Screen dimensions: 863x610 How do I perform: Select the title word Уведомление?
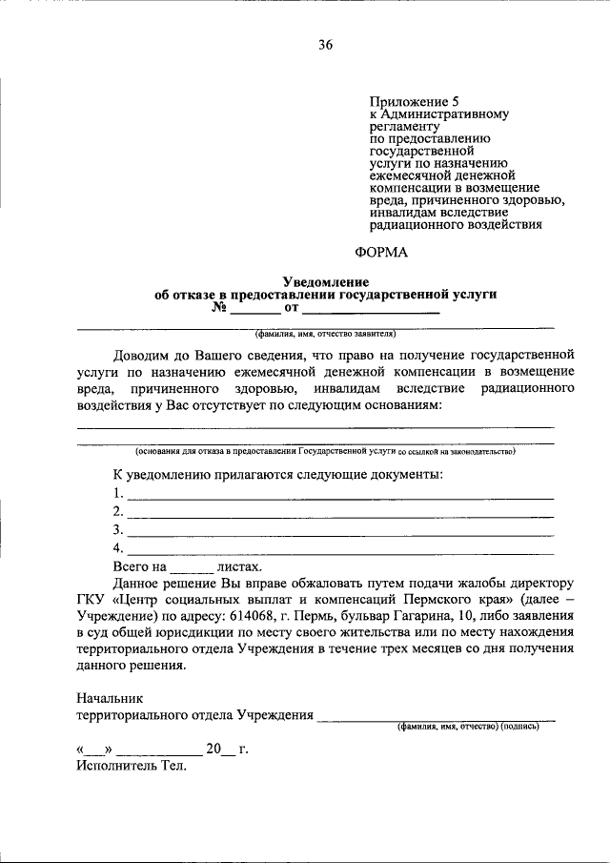(x=325, y=282)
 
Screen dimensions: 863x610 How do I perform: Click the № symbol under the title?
(x=219, y=309)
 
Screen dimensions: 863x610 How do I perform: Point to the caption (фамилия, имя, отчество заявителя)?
(x=325, y=335)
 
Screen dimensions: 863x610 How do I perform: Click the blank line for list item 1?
(x=339, y=496)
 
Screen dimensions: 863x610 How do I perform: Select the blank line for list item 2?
(x=339, y=514)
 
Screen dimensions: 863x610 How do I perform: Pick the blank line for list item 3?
(x=339, y=532)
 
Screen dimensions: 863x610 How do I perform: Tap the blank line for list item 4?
(x=339, y=550)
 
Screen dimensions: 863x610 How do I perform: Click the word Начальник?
(x=110, y=698)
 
